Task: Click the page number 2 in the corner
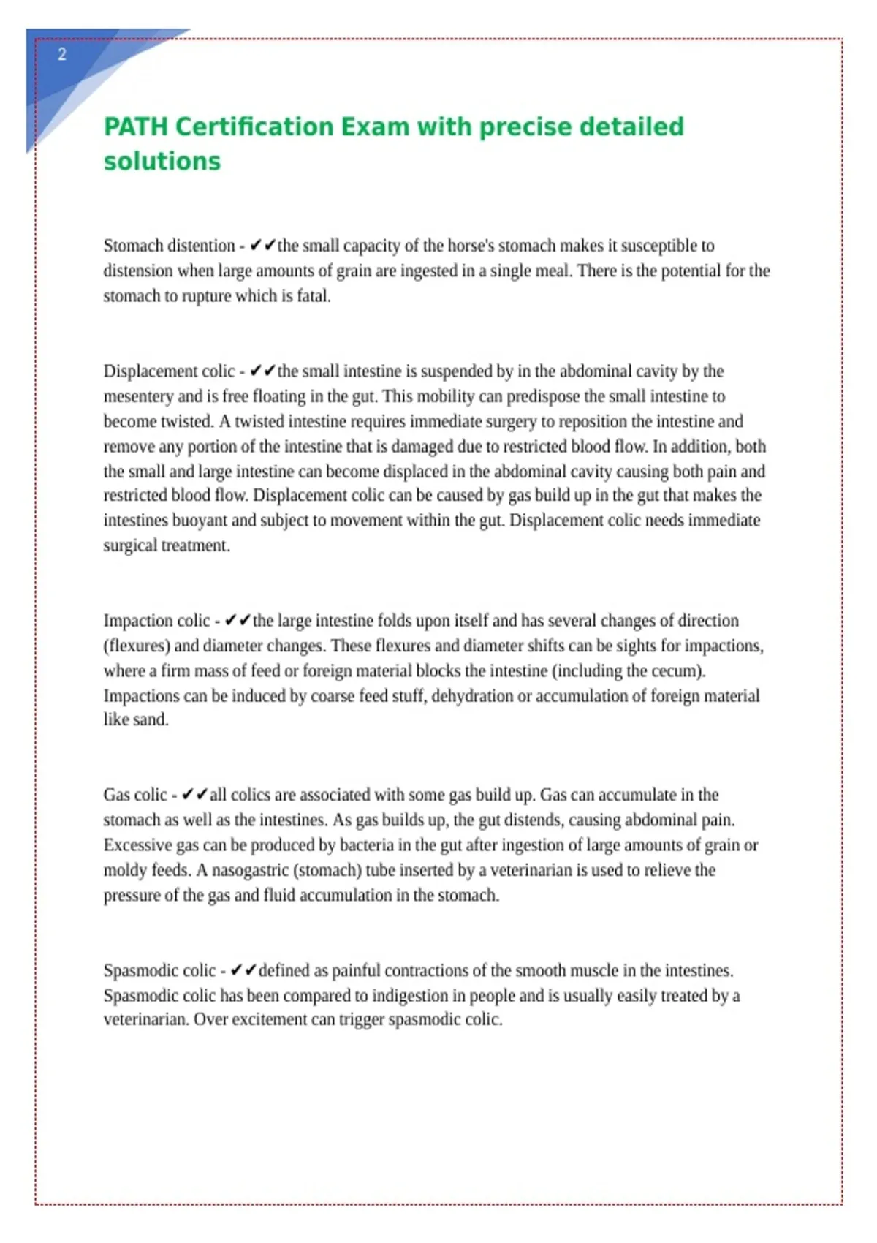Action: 62,54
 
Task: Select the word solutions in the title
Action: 162,161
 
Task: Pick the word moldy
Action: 125,870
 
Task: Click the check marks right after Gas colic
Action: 194,795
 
